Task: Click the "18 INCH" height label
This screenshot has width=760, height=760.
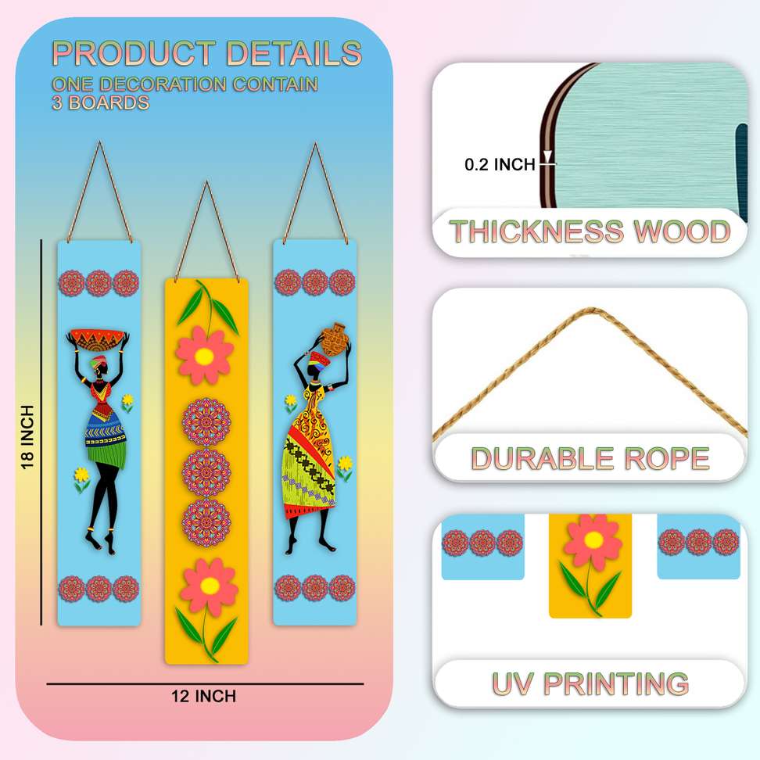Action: [28, 437]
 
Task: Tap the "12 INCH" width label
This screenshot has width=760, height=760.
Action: [204, 696]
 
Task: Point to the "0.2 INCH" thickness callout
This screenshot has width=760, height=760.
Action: [500, 164]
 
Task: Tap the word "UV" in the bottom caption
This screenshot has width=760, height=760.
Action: [513, 683]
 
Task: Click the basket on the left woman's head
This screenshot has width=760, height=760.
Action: [98, 339]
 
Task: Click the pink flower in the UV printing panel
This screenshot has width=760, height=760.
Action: [593, 540]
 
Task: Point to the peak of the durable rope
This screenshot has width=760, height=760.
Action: [588, 310]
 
